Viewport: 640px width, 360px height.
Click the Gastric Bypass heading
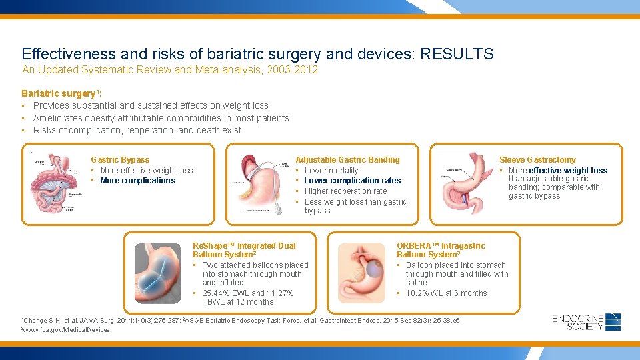point(120,159)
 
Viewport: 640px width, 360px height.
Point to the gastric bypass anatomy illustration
point(54,185)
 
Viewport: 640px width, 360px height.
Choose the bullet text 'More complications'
point(137,181)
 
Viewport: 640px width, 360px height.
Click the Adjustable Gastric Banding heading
point(347,159)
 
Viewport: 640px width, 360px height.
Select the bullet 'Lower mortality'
point(331,171)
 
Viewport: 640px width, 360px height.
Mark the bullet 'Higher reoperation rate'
point(345,191)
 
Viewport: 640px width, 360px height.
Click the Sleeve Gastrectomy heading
point(537,159)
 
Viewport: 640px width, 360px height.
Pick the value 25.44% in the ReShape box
point(217,293)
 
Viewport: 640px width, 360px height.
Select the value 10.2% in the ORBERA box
point(419,293)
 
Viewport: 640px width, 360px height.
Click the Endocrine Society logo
point(587,322)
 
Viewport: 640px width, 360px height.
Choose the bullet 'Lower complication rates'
point(352,181)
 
